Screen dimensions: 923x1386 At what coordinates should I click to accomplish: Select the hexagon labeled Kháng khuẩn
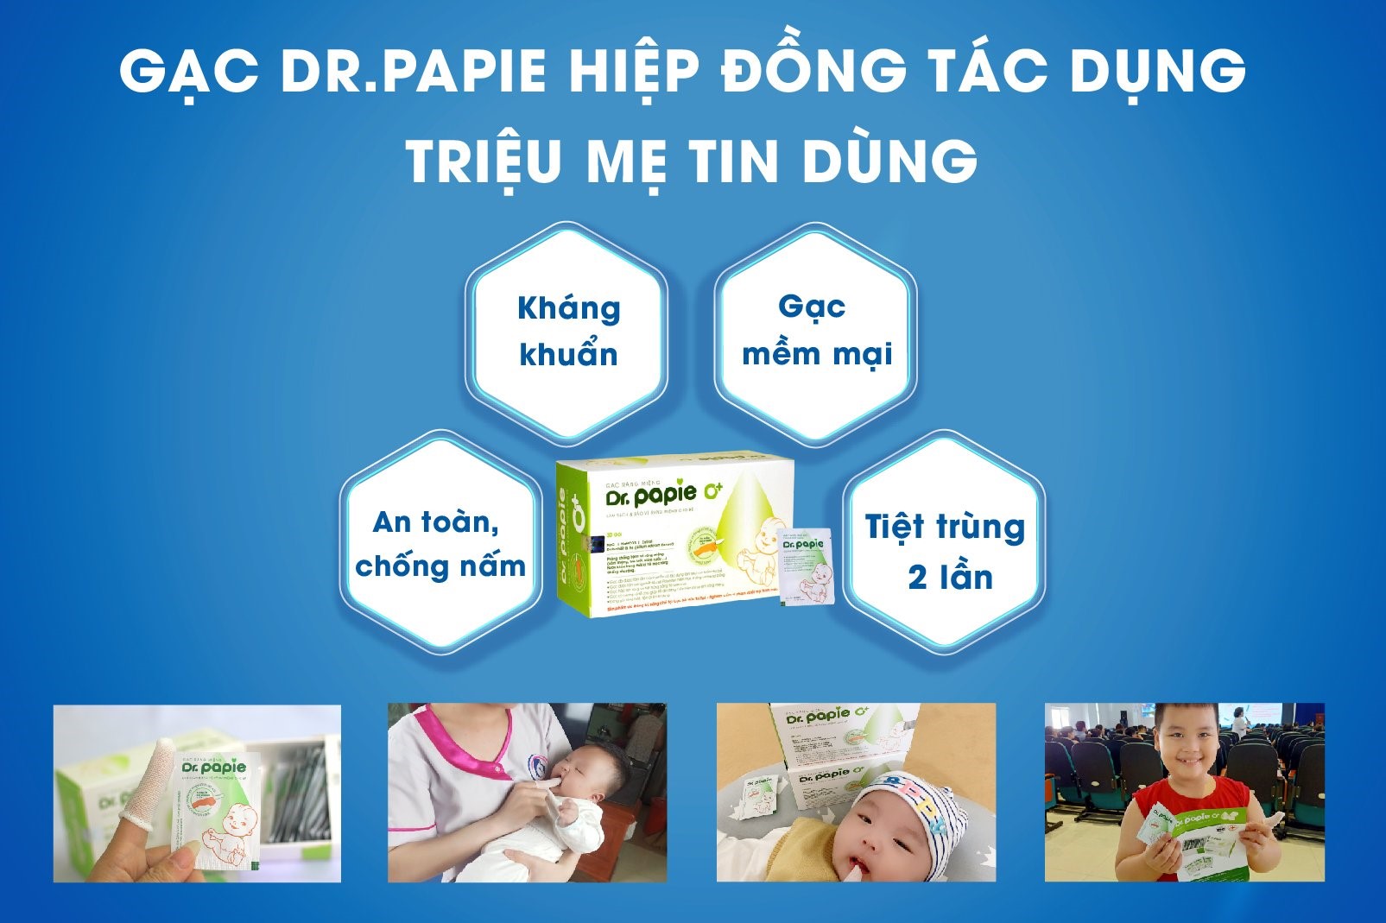(x=567, y=332)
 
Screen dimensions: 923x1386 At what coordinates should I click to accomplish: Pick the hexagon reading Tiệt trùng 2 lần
(x=945, y=551)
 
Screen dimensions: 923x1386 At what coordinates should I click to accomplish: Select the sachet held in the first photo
(x=216, y=812)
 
